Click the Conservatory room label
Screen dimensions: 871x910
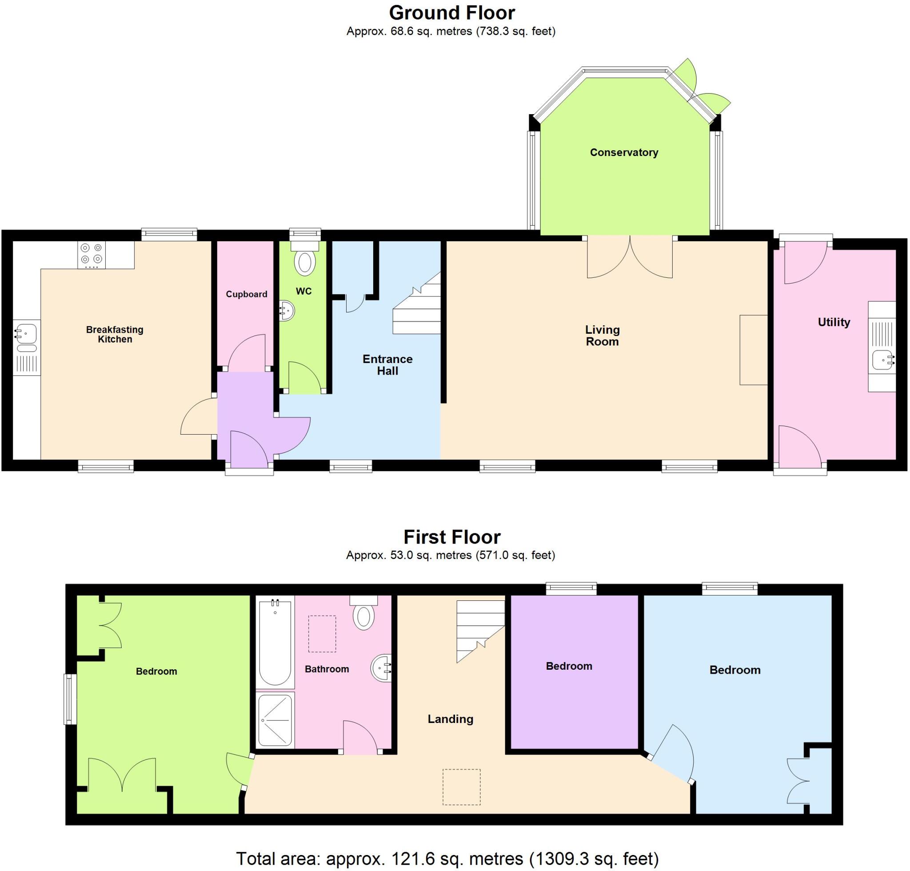click(x=623, y=152)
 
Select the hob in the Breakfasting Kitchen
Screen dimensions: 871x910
click(x=92, y=255)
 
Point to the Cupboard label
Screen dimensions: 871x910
click(x=247, y=294)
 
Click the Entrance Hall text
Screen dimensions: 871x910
click(x=387, y=364)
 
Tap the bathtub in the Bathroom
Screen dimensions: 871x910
click(x=275, y=643)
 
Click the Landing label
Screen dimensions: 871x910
click(x=451, y=719)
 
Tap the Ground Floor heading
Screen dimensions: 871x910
click(x=452, y=13)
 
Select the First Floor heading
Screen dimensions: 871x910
click(x=452, y=537)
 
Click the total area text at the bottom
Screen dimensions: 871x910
click(x=447, y=859)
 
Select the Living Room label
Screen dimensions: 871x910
click(x=602, y=335)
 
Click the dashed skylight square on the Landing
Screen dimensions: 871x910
click(x=461, y=787)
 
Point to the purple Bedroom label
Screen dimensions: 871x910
click(x=569, y=666)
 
